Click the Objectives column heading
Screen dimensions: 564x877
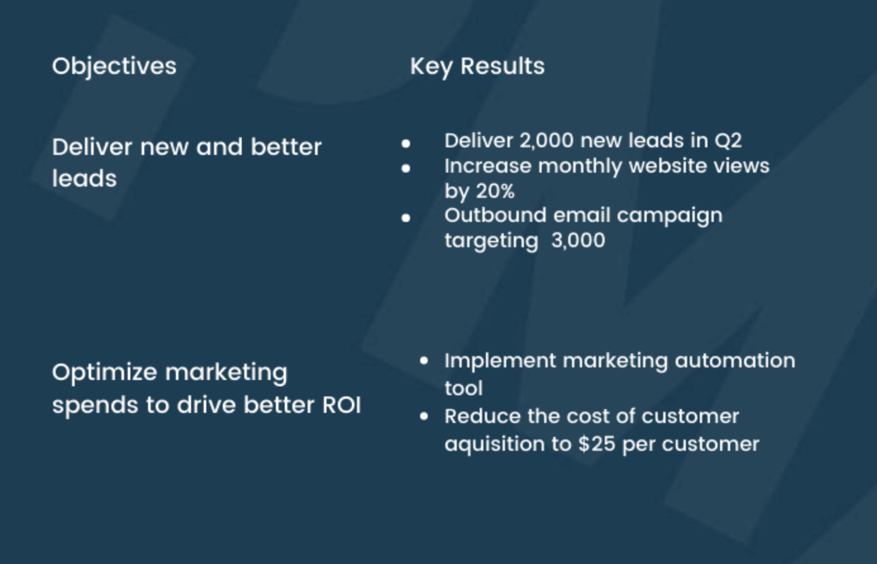click(114, 66)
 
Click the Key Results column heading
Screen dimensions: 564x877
click(477, 66)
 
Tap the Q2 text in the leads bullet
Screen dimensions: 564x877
click(728, 140)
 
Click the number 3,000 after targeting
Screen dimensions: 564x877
click(578, 240)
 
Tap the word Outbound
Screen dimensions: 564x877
click(495, 216)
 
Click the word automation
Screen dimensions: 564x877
click(735, 360)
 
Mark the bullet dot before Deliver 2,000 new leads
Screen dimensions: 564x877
click(406, 144)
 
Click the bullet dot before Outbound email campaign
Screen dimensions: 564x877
click(406, 218)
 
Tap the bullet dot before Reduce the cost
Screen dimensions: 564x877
click(424, 416)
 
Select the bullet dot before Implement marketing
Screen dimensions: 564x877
click(424, 360)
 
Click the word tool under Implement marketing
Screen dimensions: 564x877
click(463, 388)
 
